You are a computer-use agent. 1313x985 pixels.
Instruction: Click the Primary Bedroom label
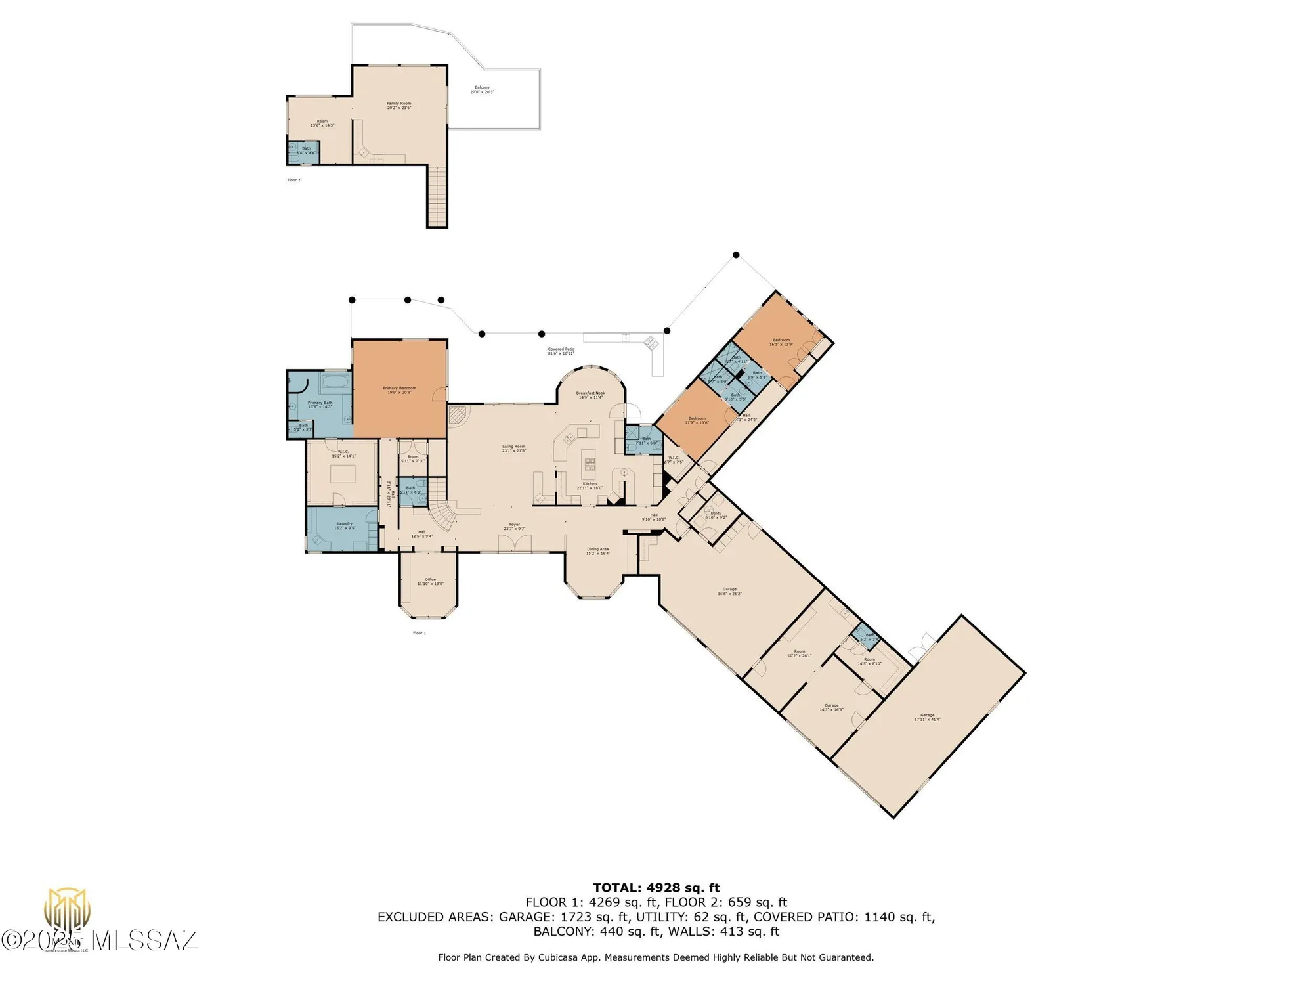[399, 390]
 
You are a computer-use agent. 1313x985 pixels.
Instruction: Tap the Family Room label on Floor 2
[398, 105]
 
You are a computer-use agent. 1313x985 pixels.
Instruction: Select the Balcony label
[482, 89]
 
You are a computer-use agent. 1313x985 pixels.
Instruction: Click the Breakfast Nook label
[590, 395]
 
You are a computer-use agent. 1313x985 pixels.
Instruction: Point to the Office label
[430, 581]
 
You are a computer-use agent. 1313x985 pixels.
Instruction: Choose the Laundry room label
[345, 525]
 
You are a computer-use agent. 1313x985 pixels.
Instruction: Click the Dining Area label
[597, 551]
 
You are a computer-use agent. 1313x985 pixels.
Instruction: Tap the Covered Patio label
[561, 351]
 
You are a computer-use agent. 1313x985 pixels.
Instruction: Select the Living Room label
[513, 448]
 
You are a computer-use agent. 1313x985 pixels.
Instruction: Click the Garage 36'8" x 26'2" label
[729, 591]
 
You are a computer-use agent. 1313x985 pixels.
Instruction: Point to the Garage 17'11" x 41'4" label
[927, 717]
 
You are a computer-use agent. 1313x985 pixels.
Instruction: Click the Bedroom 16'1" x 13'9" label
[781, 342]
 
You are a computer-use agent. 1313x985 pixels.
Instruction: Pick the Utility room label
[716, 515]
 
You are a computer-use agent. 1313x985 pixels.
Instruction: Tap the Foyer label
[514, 526]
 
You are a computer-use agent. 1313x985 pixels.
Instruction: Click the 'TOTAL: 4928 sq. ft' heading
[656, 888]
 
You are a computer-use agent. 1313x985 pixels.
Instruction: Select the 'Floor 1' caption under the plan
[419, 633]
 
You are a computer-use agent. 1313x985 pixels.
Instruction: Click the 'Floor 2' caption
[293, 180]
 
